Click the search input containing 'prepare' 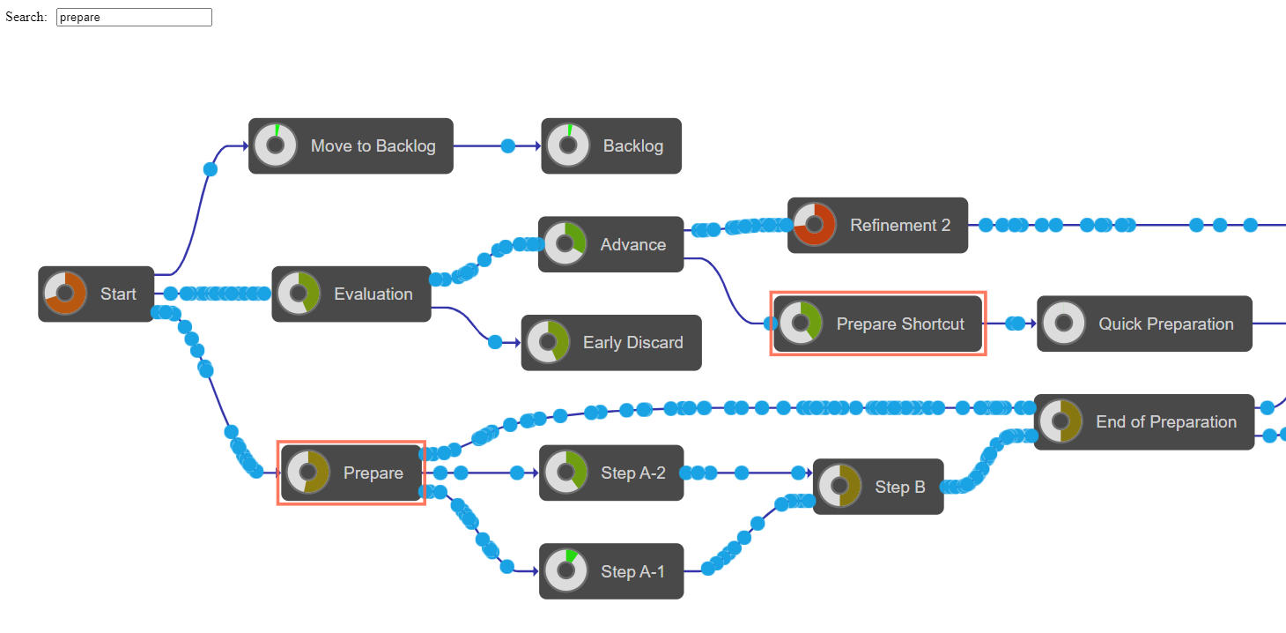coord(134,18)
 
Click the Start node coord(96,294)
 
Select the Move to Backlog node coord(351,146)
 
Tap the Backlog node coord(611,146)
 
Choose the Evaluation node coord(351,294)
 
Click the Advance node coord(611,244)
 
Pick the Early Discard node coord(611,343)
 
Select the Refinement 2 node coord(877,226)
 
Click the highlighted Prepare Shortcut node coord(878,324)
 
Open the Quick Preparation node coord(1144,324)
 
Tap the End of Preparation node coord(1143,422)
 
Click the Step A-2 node coord(611,473)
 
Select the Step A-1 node coord(611,571)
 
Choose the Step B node coord(878,487)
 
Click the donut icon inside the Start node coord(64,293)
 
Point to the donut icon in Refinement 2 coord(814,225)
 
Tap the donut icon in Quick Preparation coord(1064,324)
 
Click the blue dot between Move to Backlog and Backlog coord(507,146)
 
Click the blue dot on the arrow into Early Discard coord(495,342)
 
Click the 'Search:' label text coord(26,18)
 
